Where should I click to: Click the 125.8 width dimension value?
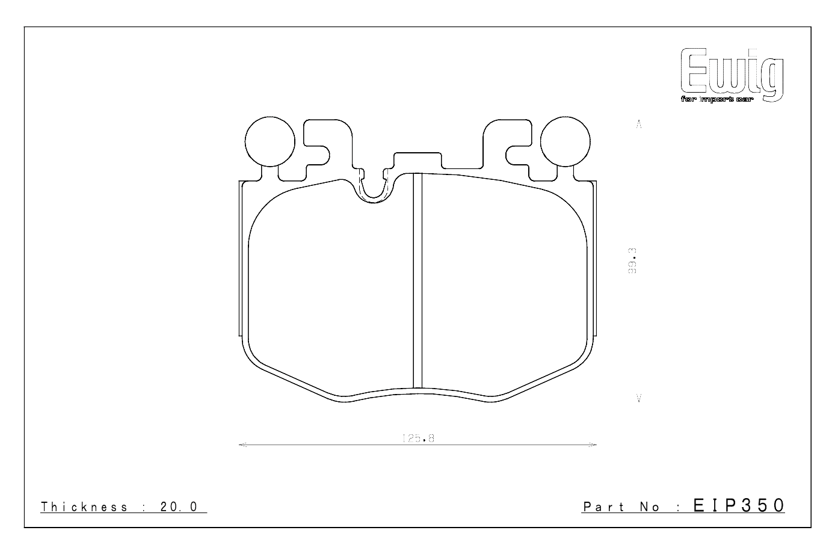pos(418,439)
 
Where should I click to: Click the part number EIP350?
pos(739,505)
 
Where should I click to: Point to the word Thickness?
pos(84,507)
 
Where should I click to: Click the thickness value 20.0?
pos(179,507)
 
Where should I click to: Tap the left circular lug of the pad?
pos(270,141)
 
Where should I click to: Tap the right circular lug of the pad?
pos(564,141)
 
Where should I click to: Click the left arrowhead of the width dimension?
pos(242,445)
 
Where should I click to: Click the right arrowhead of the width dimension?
pos(593,445)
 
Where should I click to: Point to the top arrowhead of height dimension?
pos(639,125)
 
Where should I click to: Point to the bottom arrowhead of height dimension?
pos(639,398)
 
